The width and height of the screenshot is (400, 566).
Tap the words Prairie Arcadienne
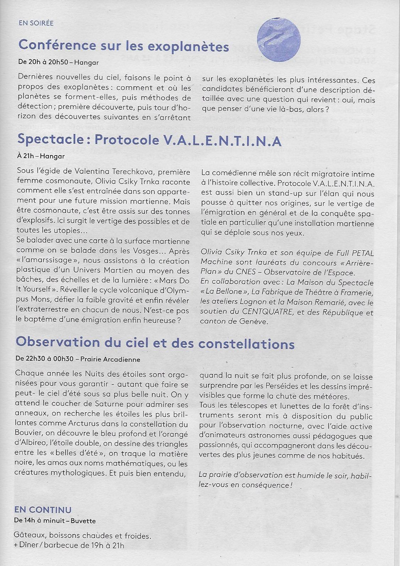click(110, 359)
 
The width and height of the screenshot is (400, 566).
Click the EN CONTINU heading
click(43, 510)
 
